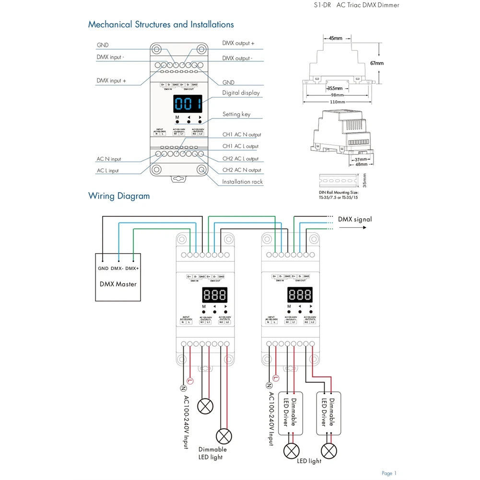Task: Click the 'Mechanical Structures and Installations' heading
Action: (x=161, y=24)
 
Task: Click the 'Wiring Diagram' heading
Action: (x=119, y=196)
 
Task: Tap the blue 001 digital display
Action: (x=187, y=104)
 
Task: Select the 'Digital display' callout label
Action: (x=241, y=93)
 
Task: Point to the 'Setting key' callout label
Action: (x=236, y=114)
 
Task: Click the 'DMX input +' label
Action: (x=111, y=81)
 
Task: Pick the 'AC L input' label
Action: (x=107, y=171)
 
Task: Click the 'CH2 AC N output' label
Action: (x=242, y=170)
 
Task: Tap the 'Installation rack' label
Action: (x=243, y=182)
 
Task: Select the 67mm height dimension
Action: (x=377, y=63)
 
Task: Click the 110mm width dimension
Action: (x=337, y=102)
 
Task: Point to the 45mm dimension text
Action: (x=336, y=38)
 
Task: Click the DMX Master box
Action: (x=118, y=277)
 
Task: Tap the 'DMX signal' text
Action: (x=354, y=219)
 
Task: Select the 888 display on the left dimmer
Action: (x=214, y=294)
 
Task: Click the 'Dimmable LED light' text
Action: (x=212, y=453)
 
